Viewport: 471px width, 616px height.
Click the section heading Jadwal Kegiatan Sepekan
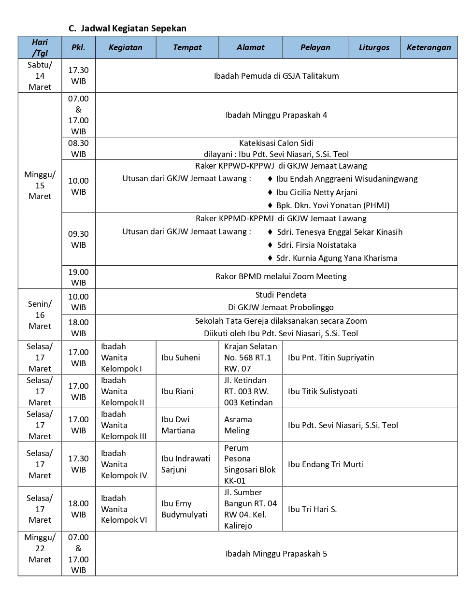tap(133, 29)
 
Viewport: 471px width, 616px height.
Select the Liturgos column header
tap(374, 47)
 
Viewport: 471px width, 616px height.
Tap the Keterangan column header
tap(428, 47)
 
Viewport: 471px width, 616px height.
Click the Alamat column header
tap(250, 47)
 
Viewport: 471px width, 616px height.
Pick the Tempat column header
tap(187, 47)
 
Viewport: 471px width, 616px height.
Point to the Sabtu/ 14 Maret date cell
tap(40, 76)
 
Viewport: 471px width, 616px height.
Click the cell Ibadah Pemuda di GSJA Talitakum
tap(276, 76)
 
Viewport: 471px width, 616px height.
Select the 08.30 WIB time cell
tap(78, 148)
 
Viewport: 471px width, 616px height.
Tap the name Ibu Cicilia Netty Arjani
tap(316, 192)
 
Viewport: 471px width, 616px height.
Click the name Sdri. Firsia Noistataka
tap(316, 245)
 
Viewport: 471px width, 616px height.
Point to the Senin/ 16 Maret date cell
tap(40, 315)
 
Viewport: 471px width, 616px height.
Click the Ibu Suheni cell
tap(181, 358)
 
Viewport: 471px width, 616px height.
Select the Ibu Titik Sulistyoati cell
tap(323, 391)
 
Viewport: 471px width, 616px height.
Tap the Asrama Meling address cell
tap(237, 425)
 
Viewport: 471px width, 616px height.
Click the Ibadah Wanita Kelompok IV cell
tap(124, 464)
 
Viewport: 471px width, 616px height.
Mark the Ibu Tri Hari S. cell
tap(312, 509)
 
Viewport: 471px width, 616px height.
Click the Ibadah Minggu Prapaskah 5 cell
tap(276, 554)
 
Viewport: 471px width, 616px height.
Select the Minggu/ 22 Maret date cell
tap(40, 548)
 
